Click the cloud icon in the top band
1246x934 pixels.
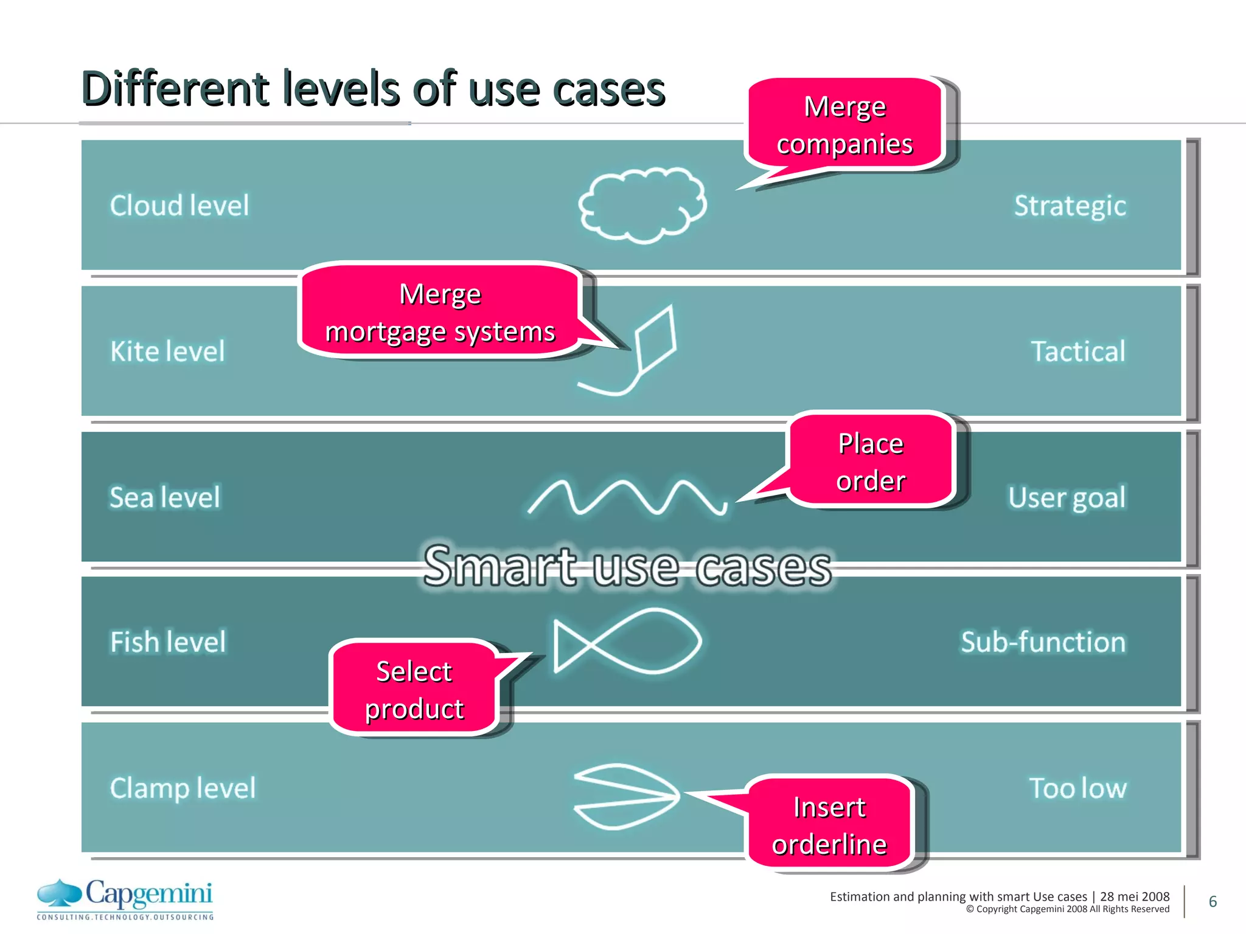[642, 206]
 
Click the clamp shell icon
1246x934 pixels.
[627, 796]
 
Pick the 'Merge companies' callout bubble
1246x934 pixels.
[844, 125]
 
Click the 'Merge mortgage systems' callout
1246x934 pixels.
[440, 311]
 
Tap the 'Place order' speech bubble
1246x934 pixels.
[871, 461]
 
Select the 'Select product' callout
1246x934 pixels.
[414, 689]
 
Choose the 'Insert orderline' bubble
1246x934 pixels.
[829, 825]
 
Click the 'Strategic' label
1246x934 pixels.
[1070, 206]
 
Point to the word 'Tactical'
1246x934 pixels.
[1077, 351]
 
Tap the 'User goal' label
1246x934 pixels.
[1067, 497]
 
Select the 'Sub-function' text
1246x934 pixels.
[1043, 642]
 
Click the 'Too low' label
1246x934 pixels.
[1077, 788]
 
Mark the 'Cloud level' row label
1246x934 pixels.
[179, 206]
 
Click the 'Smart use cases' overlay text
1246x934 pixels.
[627, 567]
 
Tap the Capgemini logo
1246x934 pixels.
[125, 899]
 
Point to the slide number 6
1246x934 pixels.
[1213, 901]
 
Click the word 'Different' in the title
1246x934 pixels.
[175, 89]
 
